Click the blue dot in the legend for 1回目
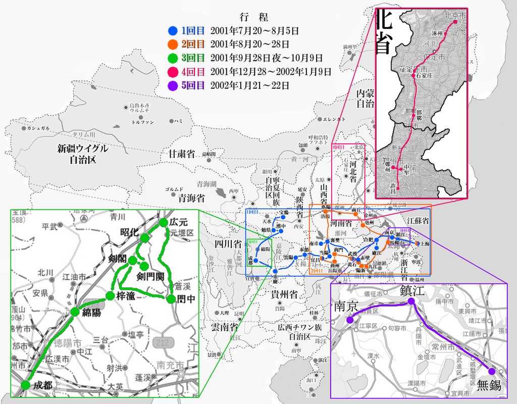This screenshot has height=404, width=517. tap(173, 30)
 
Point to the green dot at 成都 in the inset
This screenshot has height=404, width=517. tap(26, 385)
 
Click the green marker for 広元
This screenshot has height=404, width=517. tap(163, 223)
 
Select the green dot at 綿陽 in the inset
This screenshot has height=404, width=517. tap(75, 312)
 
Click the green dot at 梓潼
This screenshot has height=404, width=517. tap(110, 295)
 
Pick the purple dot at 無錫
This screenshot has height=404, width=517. tap(492, 371)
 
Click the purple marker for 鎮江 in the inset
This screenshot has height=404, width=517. tap(411, 301)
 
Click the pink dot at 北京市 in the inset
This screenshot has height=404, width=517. tap(454, 22)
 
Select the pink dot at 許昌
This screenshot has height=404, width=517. tap(398, 188)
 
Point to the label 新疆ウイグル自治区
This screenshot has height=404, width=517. tap(83, 155)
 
